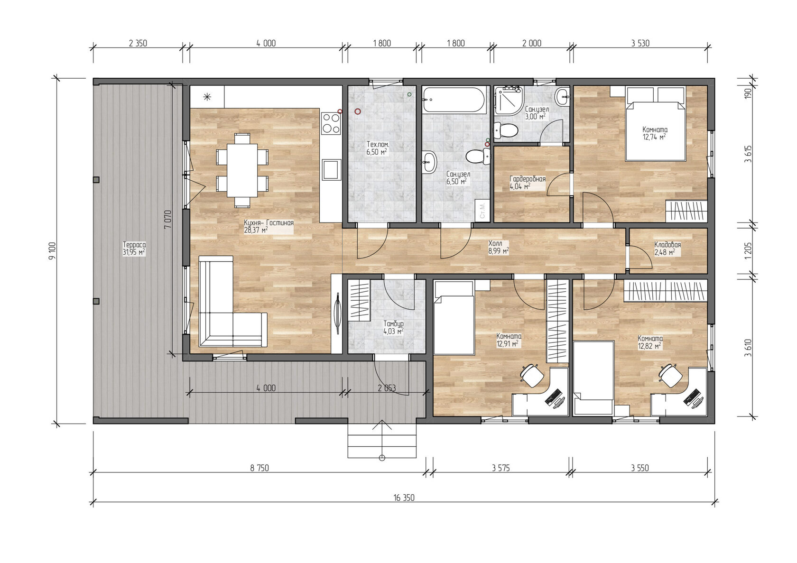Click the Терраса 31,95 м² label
tap(134, 249)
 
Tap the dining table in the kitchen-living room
tap(242, 170)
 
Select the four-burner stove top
tap(331, 123)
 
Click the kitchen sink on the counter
tap(331, 169)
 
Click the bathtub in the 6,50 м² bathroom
tap(454, 100)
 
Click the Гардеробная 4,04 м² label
tap(527, 183)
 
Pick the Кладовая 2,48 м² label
tap(667, 249)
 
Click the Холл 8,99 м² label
tap(498, 247)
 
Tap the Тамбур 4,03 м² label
tap(393, 327)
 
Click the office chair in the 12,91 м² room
tap(531, 375)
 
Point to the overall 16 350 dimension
tap(404, 498)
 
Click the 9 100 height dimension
tap(52, 250)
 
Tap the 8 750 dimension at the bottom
tap(259, 468)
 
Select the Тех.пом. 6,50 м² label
tap(377, 148)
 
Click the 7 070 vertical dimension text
tap(167, 219)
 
